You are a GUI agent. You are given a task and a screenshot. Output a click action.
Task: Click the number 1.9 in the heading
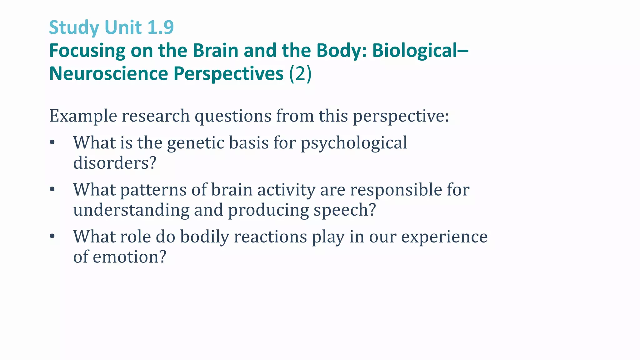pos(160,27)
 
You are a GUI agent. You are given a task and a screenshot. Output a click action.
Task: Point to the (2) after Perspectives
pos(300,74)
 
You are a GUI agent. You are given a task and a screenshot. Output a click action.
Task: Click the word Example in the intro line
pos(83,116)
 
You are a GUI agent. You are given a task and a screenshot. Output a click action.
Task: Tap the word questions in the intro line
pos(233,116)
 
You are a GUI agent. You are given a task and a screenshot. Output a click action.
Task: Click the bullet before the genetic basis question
pos(52,143)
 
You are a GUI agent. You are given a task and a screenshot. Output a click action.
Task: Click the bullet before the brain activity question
pos(52,190)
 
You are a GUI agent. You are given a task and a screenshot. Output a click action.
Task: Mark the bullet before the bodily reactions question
pos(52,237)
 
